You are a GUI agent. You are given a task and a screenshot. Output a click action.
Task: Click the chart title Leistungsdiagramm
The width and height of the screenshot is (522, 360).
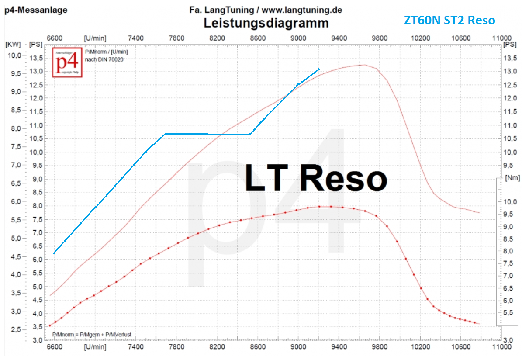pyautogui.click(x=266, y=22)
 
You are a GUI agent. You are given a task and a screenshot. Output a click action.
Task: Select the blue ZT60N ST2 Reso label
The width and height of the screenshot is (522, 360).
pyautogui.click(x=449, y=20)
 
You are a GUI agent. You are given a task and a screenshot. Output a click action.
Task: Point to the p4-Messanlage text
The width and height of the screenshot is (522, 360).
pyautogui.click(x=36, y=10)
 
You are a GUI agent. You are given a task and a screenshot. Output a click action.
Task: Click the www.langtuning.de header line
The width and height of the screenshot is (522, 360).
pyautogui.click(x=266, y=10)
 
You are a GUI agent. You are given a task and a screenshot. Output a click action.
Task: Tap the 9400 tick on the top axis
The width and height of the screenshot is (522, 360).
pyautogui.click(x=339, y=38)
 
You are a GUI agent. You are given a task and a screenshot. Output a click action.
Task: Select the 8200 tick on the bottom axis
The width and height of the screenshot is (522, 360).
pyautogui.click(x=217, y=347)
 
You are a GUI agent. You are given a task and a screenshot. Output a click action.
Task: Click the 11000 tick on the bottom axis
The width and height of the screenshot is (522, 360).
pyautogui.click(x=501, y=347)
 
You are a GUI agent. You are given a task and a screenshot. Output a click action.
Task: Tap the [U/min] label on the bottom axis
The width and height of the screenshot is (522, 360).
pyautogui.click(x=95, y=347)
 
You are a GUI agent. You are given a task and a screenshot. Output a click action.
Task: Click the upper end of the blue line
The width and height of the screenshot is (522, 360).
pyautogui.click(x=318, y=69)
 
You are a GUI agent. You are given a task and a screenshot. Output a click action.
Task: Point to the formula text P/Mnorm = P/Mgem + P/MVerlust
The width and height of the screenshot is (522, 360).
pyautogui.click(x=92, y=335)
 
